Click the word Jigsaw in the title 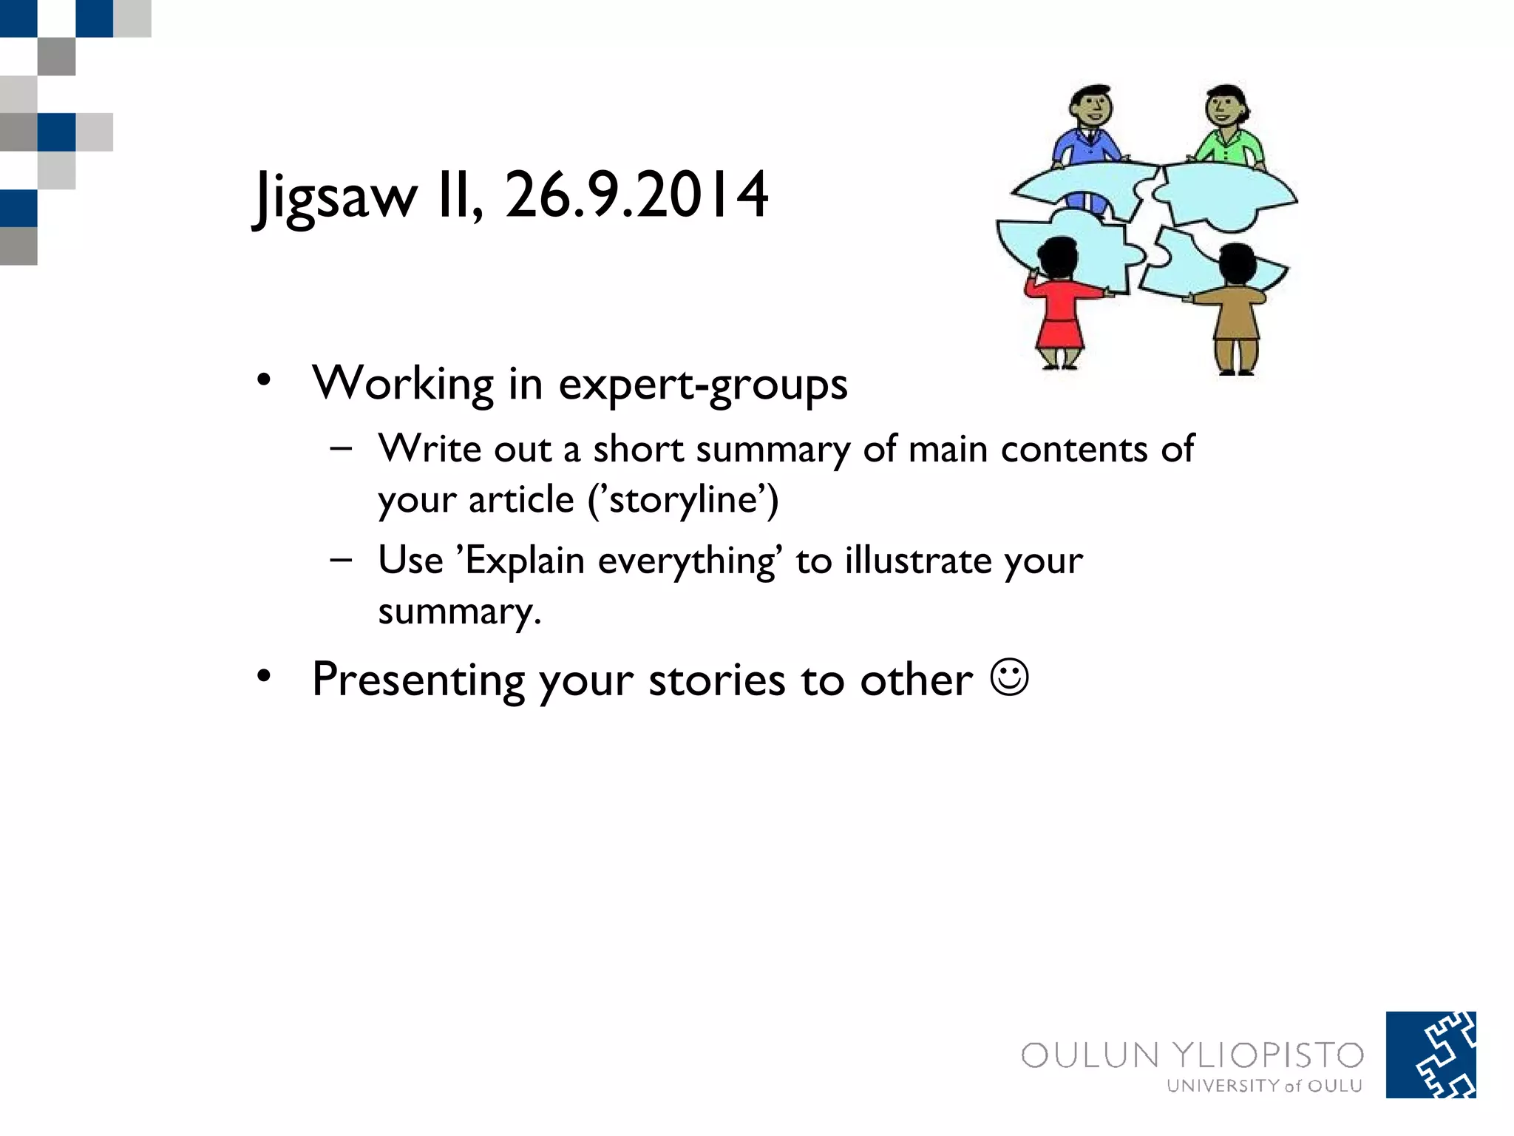point(336,196)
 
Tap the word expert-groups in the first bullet point(702,385)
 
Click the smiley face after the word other point(1009,677)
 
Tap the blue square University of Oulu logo point(1430,1055)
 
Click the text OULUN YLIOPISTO point(1192,1055)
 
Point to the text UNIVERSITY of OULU point(1264,1086)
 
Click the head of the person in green point(1226,108)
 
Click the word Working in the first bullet point(403,384)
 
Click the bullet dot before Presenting point(264,676)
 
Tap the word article point(521,499)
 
